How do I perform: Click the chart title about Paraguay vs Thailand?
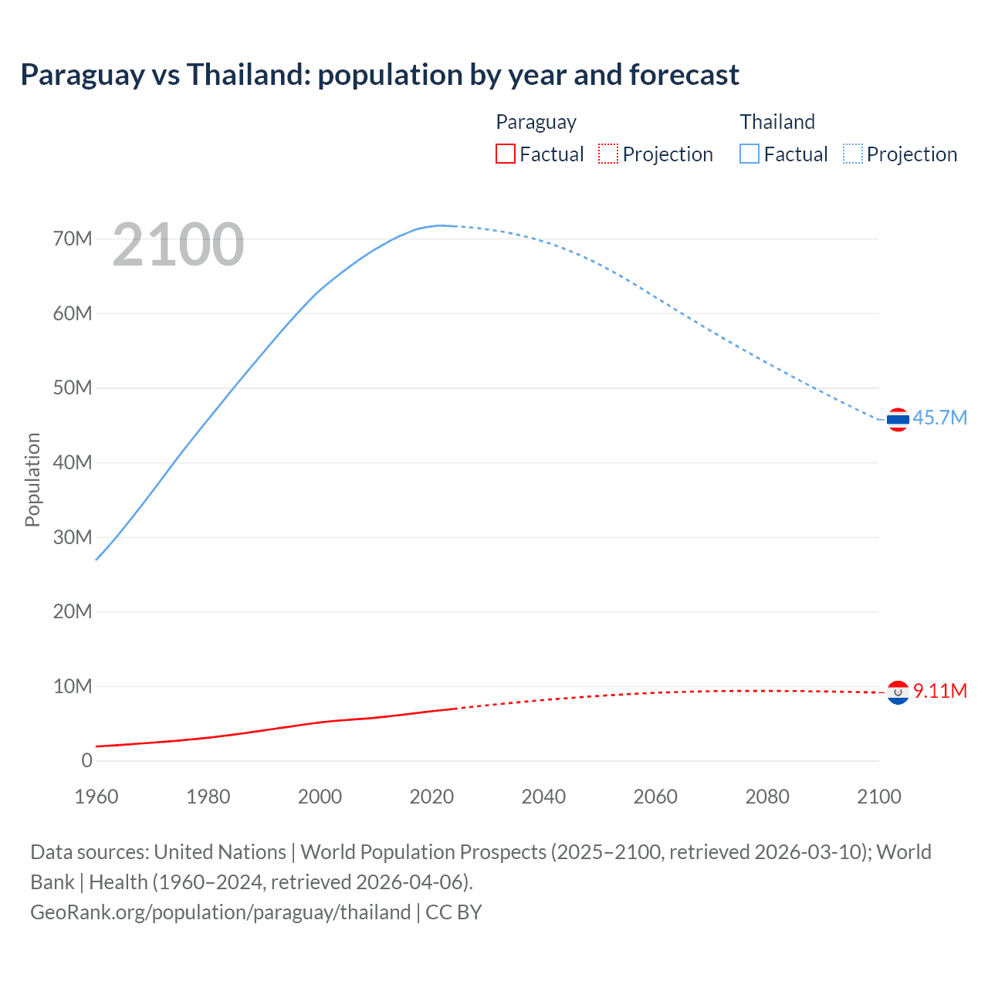coord(380,75)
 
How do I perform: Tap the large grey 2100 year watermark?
coord(178,245)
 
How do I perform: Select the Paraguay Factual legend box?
coord(506,154)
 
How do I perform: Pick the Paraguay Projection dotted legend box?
coord(608,154)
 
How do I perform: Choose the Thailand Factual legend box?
coord(749,154)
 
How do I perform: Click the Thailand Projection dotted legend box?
coord(853,154)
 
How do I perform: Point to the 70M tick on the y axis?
coord(73,239)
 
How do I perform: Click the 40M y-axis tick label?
coord(73,462)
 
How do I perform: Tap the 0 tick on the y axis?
coord(86,760)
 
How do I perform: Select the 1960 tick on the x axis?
coord(96,797)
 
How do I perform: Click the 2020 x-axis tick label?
coord(431,797)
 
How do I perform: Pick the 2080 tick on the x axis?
coord(767,797)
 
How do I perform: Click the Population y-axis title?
coord(32,479)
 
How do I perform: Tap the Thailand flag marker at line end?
coord(898,420)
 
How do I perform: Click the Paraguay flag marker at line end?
coord(898,693)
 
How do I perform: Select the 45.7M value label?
coord(939,418)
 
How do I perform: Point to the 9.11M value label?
coord(939,691)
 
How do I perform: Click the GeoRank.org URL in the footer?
coord(221,912)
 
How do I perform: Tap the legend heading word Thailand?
coord(777,122)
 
